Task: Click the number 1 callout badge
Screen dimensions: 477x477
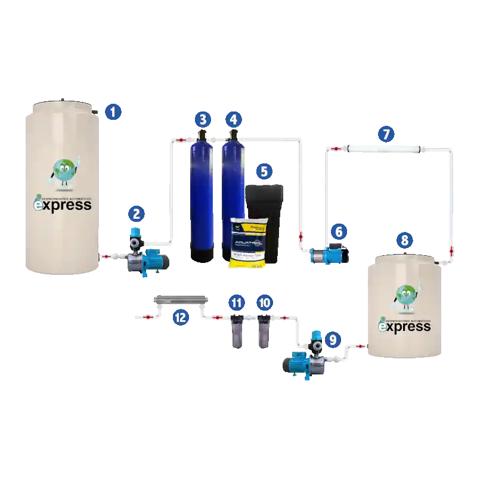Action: click(112, 111)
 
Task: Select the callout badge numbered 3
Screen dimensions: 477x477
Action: click(203, 119)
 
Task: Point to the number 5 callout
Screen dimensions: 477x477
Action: click(265, 172)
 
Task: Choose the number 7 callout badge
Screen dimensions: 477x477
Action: click(386, 134)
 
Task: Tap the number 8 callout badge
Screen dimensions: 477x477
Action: click(405, 241)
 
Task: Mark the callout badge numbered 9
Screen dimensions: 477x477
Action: click(333, 340)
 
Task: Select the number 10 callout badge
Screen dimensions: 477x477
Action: click(265, 302)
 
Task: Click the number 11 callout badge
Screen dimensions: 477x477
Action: click(237, 302)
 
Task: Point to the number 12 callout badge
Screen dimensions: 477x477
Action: click(180, 317)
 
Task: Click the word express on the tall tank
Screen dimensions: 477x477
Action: click(63, 205)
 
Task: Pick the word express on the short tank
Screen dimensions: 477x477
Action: click(405, 327)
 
